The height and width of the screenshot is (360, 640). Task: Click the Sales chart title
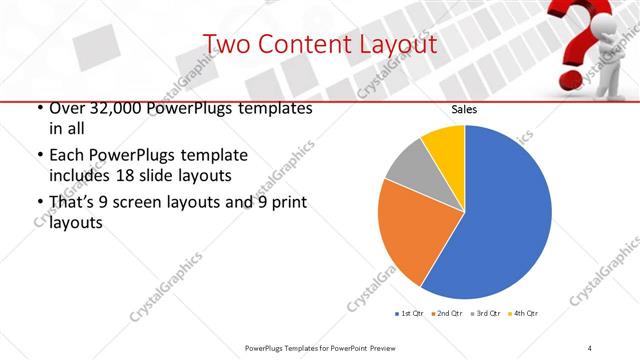pos(464,109)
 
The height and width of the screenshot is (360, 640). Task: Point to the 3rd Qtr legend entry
pos(487,313)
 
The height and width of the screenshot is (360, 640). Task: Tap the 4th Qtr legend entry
pos(524,313)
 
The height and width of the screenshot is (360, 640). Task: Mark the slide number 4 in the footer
pos(590,347)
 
